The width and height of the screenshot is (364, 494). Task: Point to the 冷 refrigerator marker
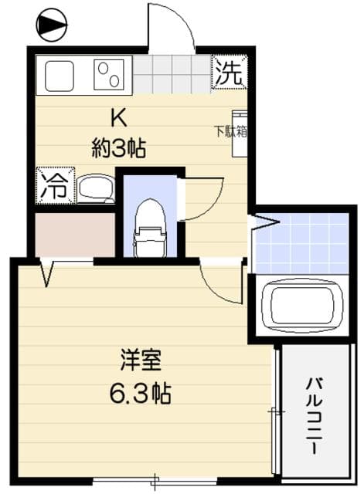53,185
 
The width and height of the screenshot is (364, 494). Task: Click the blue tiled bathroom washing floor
301,242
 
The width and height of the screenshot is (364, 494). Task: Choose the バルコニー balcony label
315,414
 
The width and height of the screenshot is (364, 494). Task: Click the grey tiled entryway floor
173,74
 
